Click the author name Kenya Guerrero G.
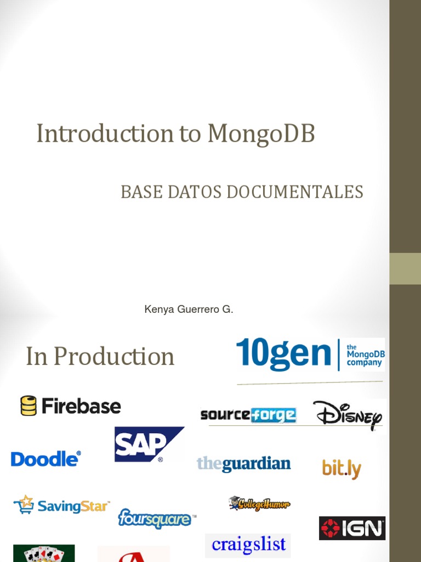coord(189,310)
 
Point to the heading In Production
coord(100,357)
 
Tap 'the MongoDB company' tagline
coord(366,355)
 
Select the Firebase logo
coord(71,406)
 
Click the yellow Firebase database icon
coord(29,406)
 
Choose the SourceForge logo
coord(248,414)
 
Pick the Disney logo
coord(348,415)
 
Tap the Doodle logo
coord(46,458)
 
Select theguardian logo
coord(243,464)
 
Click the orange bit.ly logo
coord(342,469)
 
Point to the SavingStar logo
coord(62,505)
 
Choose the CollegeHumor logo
coord(259,503)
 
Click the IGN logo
coord(352,529)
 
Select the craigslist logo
coord(248,544)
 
